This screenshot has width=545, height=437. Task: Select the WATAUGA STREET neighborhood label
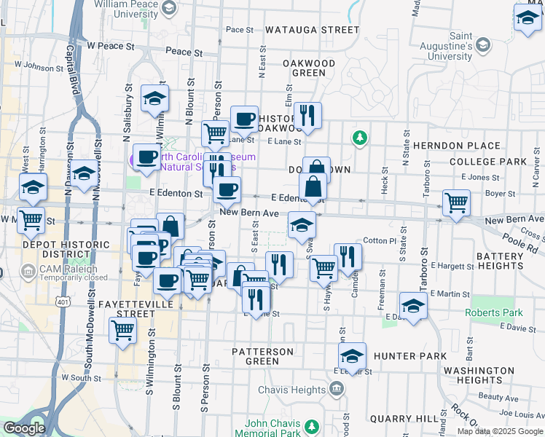312,30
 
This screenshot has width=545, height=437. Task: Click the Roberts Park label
494,313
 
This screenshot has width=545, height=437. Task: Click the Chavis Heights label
291,390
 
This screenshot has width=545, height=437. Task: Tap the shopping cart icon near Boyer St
456,203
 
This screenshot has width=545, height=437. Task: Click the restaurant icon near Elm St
307,115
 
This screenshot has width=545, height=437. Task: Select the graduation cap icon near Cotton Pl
302,225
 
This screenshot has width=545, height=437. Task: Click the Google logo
23,428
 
